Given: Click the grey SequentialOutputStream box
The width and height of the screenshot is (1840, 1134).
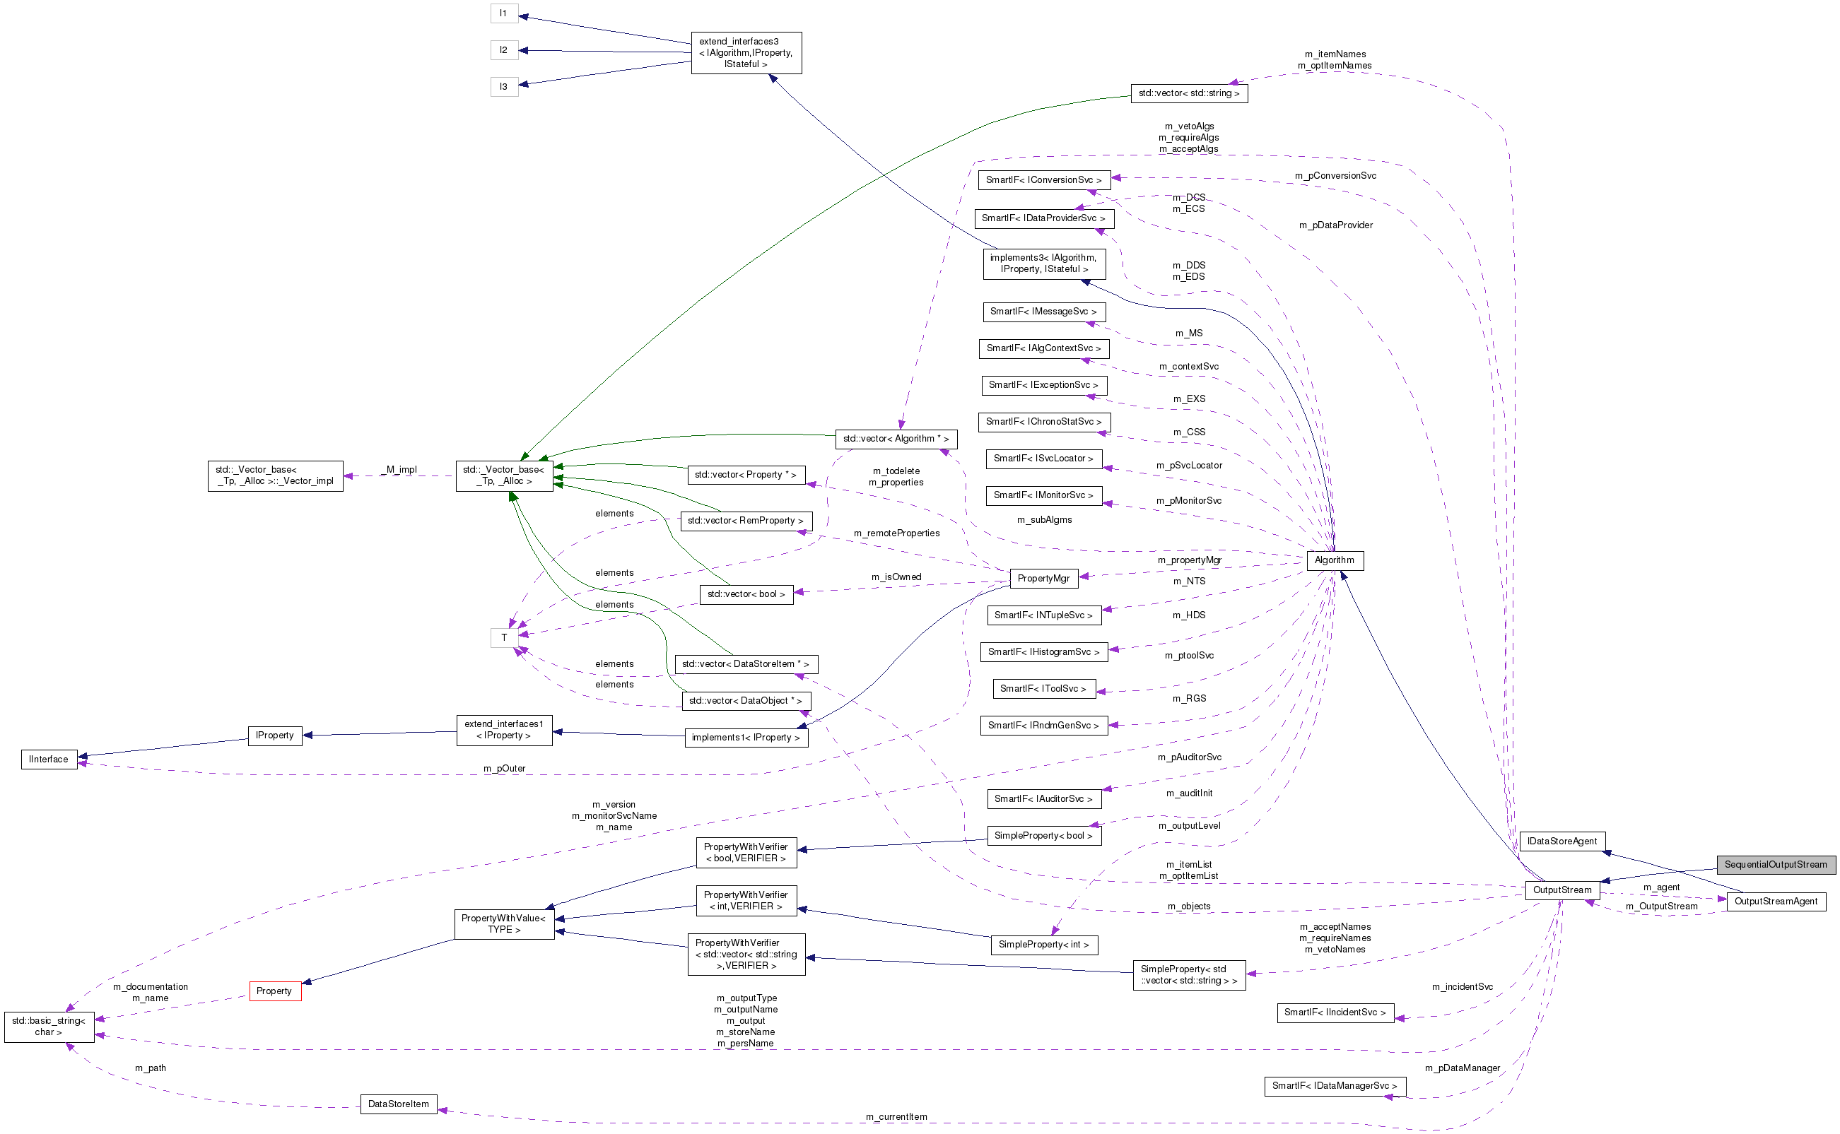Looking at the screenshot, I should [1775, 864].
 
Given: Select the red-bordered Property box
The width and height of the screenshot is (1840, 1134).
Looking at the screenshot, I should [275, 991].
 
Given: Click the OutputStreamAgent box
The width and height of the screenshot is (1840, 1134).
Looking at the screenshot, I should [1776, 901].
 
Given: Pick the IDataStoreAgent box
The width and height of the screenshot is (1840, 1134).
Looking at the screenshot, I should [1561, 841].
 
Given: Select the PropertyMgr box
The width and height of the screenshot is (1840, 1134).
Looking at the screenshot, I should [1043, 578].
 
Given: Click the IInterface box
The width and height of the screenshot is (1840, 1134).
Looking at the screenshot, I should [49, 759].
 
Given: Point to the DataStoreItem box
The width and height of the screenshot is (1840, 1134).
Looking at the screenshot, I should [399, 1104].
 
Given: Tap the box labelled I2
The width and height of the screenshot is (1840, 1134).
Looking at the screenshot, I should [503, 50].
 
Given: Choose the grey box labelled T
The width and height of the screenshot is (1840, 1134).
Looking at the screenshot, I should [503, 637].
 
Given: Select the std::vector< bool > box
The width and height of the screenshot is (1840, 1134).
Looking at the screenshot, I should [746, 594].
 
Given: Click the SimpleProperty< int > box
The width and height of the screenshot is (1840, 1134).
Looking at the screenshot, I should [1043, 944].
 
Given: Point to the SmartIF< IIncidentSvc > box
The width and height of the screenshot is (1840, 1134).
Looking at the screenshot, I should [1335, 1012].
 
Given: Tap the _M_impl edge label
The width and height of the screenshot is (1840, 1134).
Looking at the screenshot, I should [401, 470].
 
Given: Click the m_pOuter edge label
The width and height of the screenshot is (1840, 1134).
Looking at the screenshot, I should [504, 768].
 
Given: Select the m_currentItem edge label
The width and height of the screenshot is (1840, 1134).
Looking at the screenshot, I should [896, 1117].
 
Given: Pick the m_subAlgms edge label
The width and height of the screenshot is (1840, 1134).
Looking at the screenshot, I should [1044, 520].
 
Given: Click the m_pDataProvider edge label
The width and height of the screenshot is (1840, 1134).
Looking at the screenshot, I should [1336, 225].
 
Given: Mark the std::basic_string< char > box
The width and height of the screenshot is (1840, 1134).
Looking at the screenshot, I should [49, 1026].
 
